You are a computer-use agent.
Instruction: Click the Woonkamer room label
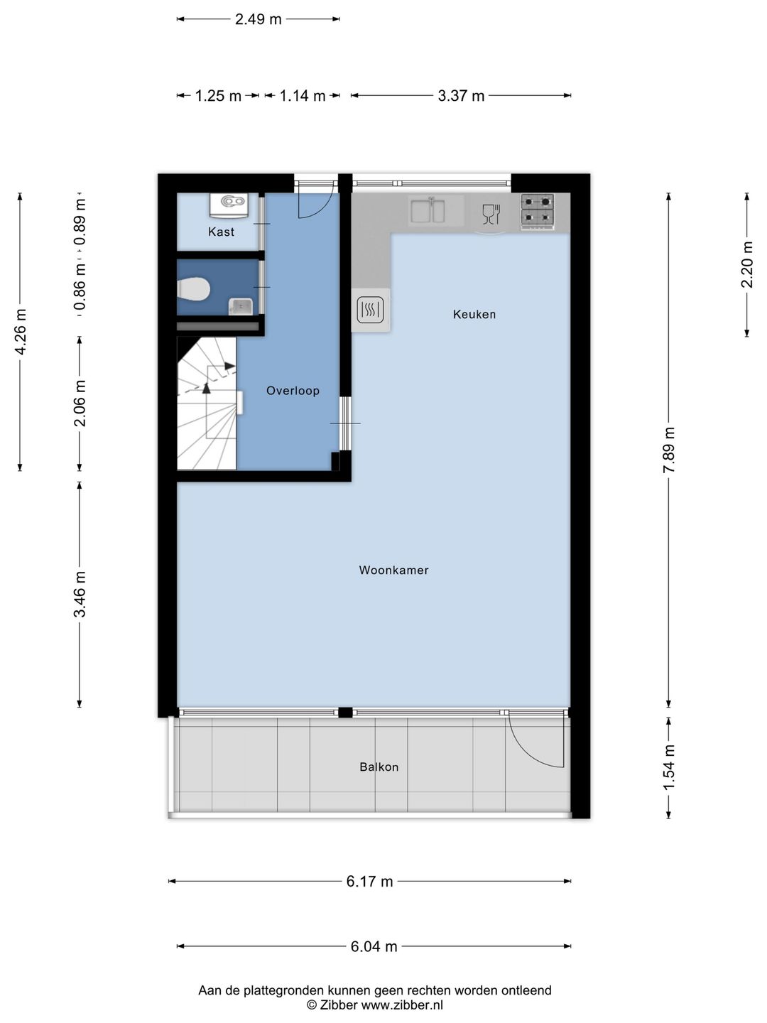point(393,570)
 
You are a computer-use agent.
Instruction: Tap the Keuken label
point(474,314)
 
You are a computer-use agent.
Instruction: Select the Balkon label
point(379,767)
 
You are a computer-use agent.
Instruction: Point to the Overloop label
point(293,391)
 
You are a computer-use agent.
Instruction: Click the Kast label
point(221,232)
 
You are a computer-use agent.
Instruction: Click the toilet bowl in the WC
point(193,289)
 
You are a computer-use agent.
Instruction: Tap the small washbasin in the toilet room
point(240,306)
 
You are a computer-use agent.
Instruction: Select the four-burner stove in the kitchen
point(537,212)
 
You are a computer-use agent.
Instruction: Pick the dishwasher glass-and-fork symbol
point(491,215)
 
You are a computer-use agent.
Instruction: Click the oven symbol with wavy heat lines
point(370,310)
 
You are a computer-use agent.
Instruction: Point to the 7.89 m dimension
point(669,450)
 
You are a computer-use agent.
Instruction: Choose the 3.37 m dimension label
point(461,96)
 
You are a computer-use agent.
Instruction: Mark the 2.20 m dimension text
point(747,264)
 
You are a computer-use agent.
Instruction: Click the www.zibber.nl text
point(402,1005)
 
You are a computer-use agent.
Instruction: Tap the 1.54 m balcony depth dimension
point(669,767)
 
